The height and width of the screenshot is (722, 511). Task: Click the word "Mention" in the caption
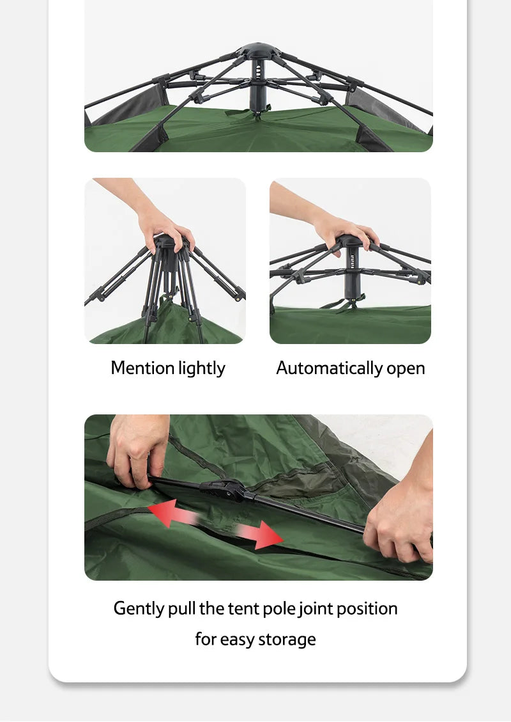coord(142,368)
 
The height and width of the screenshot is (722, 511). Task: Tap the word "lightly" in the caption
coord(202,369)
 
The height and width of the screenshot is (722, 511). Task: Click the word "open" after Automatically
coord(406,369)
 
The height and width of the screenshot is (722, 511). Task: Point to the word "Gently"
coord(139,608)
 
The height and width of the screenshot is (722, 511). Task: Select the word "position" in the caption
coord(367,608)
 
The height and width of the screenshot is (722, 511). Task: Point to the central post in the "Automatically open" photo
coord(351,272)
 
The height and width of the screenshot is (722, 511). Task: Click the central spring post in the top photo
coord(259,86)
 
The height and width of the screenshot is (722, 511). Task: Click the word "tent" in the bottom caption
coord(240,608)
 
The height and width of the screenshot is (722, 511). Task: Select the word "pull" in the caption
coord(181,608)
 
